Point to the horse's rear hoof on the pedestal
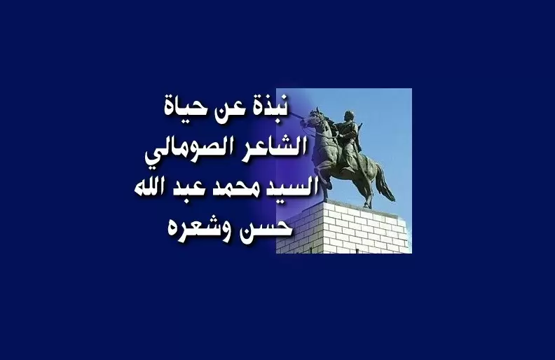pos(368,205)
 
